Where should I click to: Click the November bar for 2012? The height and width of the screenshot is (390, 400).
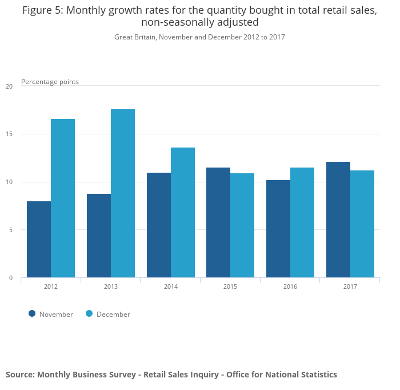pos(39,240)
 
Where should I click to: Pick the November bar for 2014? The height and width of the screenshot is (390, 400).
pos(159,225)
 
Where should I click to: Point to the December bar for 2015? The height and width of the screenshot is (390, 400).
pos(242,225)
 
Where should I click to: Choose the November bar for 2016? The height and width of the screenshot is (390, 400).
pos(278,229)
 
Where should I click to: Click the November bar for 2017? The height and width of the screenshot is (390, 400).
pos(338,220)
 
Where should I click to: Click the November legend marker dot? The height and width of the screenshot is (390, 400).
pos(32,313)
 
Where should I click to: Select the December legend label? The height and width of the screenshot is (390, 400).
pos(113,314)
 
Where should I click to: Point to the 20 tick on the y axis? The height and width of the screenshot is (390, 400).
pos(9,86)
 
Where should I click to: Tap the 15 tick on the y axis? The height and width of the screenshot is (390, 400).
pos(9,134)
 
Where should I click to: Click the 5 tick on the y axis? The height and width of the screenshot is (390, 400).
pos(10,230)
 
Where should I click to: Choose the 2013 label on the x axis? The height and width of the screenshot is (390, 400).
pos(111,286)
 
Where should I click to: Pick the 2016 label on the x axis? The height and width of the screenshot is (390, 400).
pos(290,286)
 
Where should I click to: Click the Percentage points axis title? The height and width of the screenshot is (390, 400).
pos(50,82)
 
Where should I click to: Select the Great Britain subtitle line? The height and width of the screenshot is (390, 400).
pos(199,37)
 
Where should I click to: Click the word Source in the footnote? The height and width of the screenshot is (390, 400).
pos(19,375)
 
